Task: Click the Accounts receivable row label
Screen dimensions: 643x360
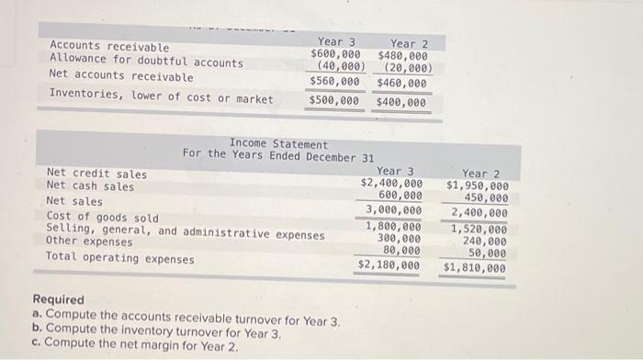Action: pyautogui.click(x=109, y=47)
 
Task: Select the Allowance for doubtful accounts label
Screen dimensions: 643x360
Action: pyautogui.click(x=146, y=62)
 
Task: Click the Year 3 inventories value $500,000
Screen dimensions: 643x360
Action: pyautogui.click(x=335, y=101)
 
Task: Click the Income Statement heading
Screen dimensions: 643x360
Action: pyautogui.click(x=277, y=144)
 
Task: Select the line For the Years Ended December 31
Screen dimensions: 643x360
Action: pyautogui.click(x=277, y=156)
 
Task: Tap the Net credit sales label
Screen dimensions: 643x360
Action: pyautogui.click(x=96, y=174)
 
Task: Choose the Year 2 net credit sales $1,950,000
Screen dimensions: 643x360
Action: pyautogui.click(x=477, y=186)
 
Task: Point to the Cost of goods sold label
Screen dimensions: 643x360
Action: pyautogui.click(x=102, y=218)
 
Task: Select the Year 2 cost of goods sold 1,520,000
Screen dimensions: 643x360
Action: pyautogui.click(x=478, y=229)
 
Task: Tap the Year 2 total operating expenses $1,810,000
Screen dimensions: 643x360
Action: pyautogui.click(x=474, y=268)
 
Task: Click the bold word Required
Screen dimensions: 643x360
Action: pyautogui.click(x=58, y=299)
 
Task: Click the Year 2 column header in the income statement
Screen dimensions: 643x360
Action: pyautogui.click(x=481, y=173)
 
